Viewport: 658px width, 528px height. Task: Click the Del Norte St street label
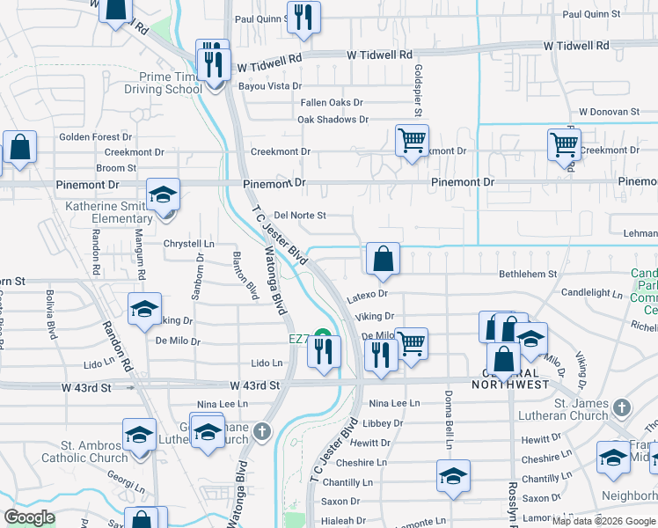tap(300, 215)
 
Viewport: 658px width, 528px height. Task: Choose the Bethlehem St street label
tap(528, 275)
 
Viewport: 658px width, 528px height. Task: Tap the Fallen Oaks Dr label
tap(332, 103)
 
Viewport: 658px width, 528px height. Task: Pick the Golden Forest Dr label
tap(96, 137)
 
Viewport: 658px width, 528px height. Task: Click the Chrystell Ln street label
tap(188, 244)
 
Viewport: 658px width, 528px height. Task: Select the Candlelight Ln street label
tap(591, 293)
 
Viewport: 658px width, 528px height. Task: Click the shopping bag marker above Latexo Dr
tap(383, 259)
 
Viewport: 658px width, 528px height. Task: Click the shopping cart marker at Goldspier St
tap(411, 140)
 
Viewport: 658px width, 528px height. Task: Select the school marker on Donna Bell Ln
tap(453, 476)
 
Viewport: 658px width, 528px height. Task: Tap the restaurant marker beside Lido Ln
tap(324, 352)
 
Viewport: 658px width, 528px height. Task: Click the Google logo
tap(30, 517)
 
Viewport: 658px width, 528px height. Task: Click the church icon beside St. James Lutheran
tap(622, 407)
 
